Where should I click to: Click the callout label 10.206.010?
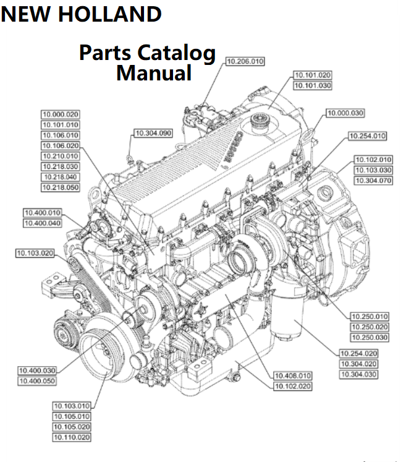pyautogui.click(x=245, y=61)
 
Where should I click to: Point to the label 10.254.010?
pyautogui.click(x=367, y=135)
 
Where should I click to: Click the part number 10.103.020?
pyautogui.click(x=35, y=253)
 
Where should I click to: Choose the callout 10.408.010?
pyautogui.click(x=293, y=375)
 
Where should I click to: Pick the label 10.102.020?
pyautogui.click(x=293, y=386)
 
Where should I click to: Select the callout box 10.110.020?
pyautogui.click(x=72, y=437)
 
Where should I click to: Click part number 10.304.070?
pyautogui.click(x=373, y=181)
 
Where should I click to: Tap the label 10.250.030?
pyautogui.click(x=370, y=337)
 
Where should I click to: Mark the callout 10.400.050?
pyautogui.click(x=37, y=381)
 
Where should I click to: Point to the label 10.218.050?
pyautogui.click(x=61, y=187)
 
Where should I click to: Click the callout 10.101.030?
pyautogui.click(x=312, y=85)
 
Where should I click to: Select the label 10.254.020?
pyautogui.click(x=358, y=353)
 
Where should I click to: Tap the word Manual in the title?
pyautogui.click(x=154, y=74)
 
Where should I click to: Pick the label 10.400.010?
pyautogui.click(x=42, y=213)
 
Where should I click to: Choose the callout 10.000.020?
pyautogui.click(x=61, y=114)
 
